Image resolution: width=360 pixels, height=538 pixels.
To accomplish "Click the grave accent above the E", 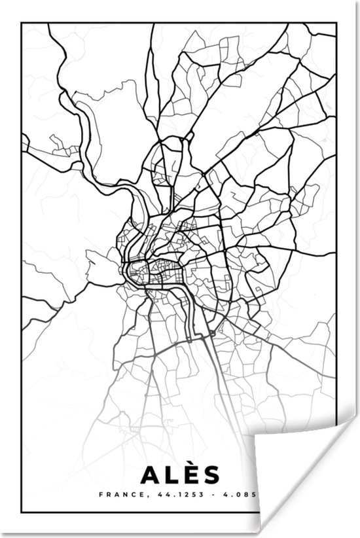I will (x=191, y=461).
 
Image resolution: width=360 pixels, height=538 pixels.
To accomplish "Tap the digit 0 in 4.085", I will (x=241, y=495).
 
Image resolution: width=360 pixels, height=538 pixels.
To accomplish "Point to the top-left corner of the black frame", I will (x=22, y=24).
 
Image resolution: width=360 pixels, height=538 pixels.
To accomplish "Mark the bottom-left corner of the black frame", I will (x=22, y=511).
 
